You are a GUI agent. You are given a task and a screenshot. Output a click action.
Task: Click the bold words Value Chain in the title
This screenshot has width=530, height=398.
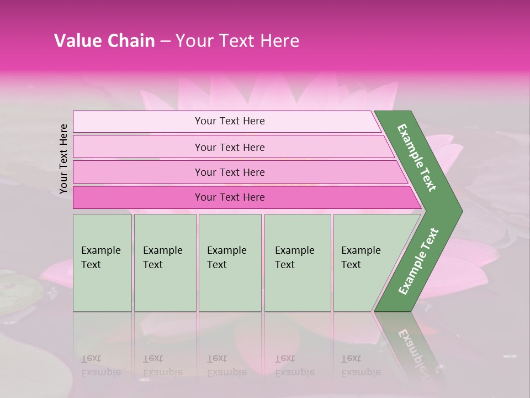[104, 41]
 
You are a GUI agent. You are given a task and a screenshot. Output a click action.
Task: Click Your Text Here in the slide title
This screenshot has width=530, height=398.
[237, 41]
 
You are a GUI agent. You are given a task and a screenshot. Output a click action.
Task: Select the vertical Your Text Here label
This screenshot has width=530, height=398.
[63, 159]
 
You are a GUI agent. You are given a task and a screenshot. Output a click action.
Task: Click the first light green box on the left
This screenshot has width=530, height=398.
[102, 263]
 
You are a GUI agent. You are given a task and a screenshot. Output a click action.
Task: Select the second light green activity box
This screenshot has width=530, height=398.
[165, 263]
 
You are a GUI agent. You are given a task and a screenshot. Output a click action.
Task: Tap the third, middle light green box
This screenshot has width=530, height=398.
[230, 263]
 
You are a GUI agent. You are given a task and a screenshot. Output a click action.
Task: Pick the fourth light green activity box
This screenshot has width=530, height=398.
[298, 263]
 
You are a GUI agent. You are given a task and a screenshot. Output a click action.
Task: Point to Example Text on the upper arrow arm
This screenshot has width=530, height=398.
[417, 158]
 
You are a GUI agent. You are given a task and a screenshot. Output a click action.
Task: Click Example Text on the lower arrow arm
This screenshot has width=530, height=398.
[418, 261]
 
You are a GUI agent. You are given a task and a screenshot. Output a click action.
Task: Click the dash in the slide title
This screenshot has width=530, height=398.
[165, 41]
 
